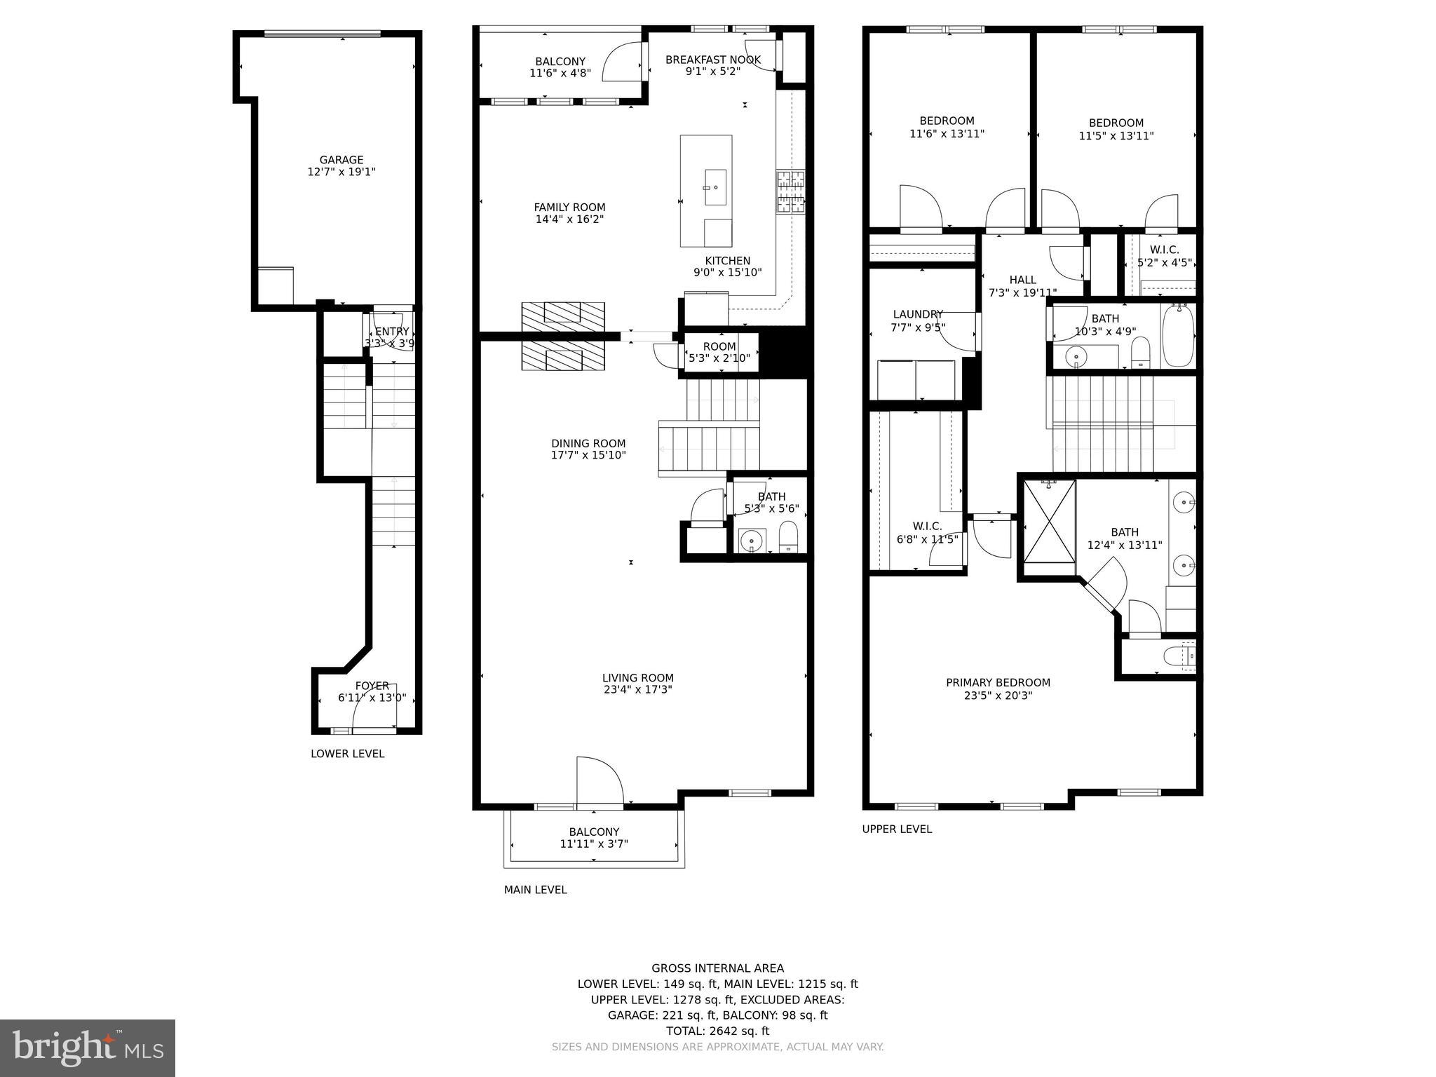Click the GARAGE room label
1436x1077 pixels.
341,160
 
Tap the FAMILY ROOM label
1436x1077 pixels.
569,208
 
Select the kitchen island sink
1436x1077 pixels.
715,187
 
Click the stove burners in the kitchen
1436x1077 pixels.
790,191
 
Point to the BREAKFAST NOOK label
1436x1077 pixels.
713,60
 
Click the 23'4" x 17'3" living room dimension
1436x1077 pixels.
638,690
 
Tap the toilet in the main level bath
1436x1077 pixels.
789,537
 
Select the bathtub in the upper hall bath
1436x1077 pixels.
1178,336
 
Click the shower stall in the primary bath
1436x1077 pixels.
1050,521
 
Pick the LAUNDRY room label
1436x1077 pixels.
918,314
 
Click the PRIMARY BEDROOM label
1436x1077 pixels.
998,683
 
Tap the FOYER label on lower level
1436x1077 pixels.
372,686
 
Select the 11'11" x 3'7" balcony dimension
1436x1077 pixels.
594,844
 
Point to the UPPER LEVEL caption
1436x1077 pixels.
897,829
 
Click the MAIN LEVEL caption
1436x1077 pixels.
535,890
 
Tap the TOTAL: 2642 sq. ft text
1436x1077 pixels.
717,1031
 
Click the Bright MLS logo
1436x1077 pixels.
88,1048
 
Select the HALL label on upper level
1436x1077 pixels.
1022,280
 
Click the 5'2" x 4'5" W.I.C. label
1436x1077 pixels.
1164,263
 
